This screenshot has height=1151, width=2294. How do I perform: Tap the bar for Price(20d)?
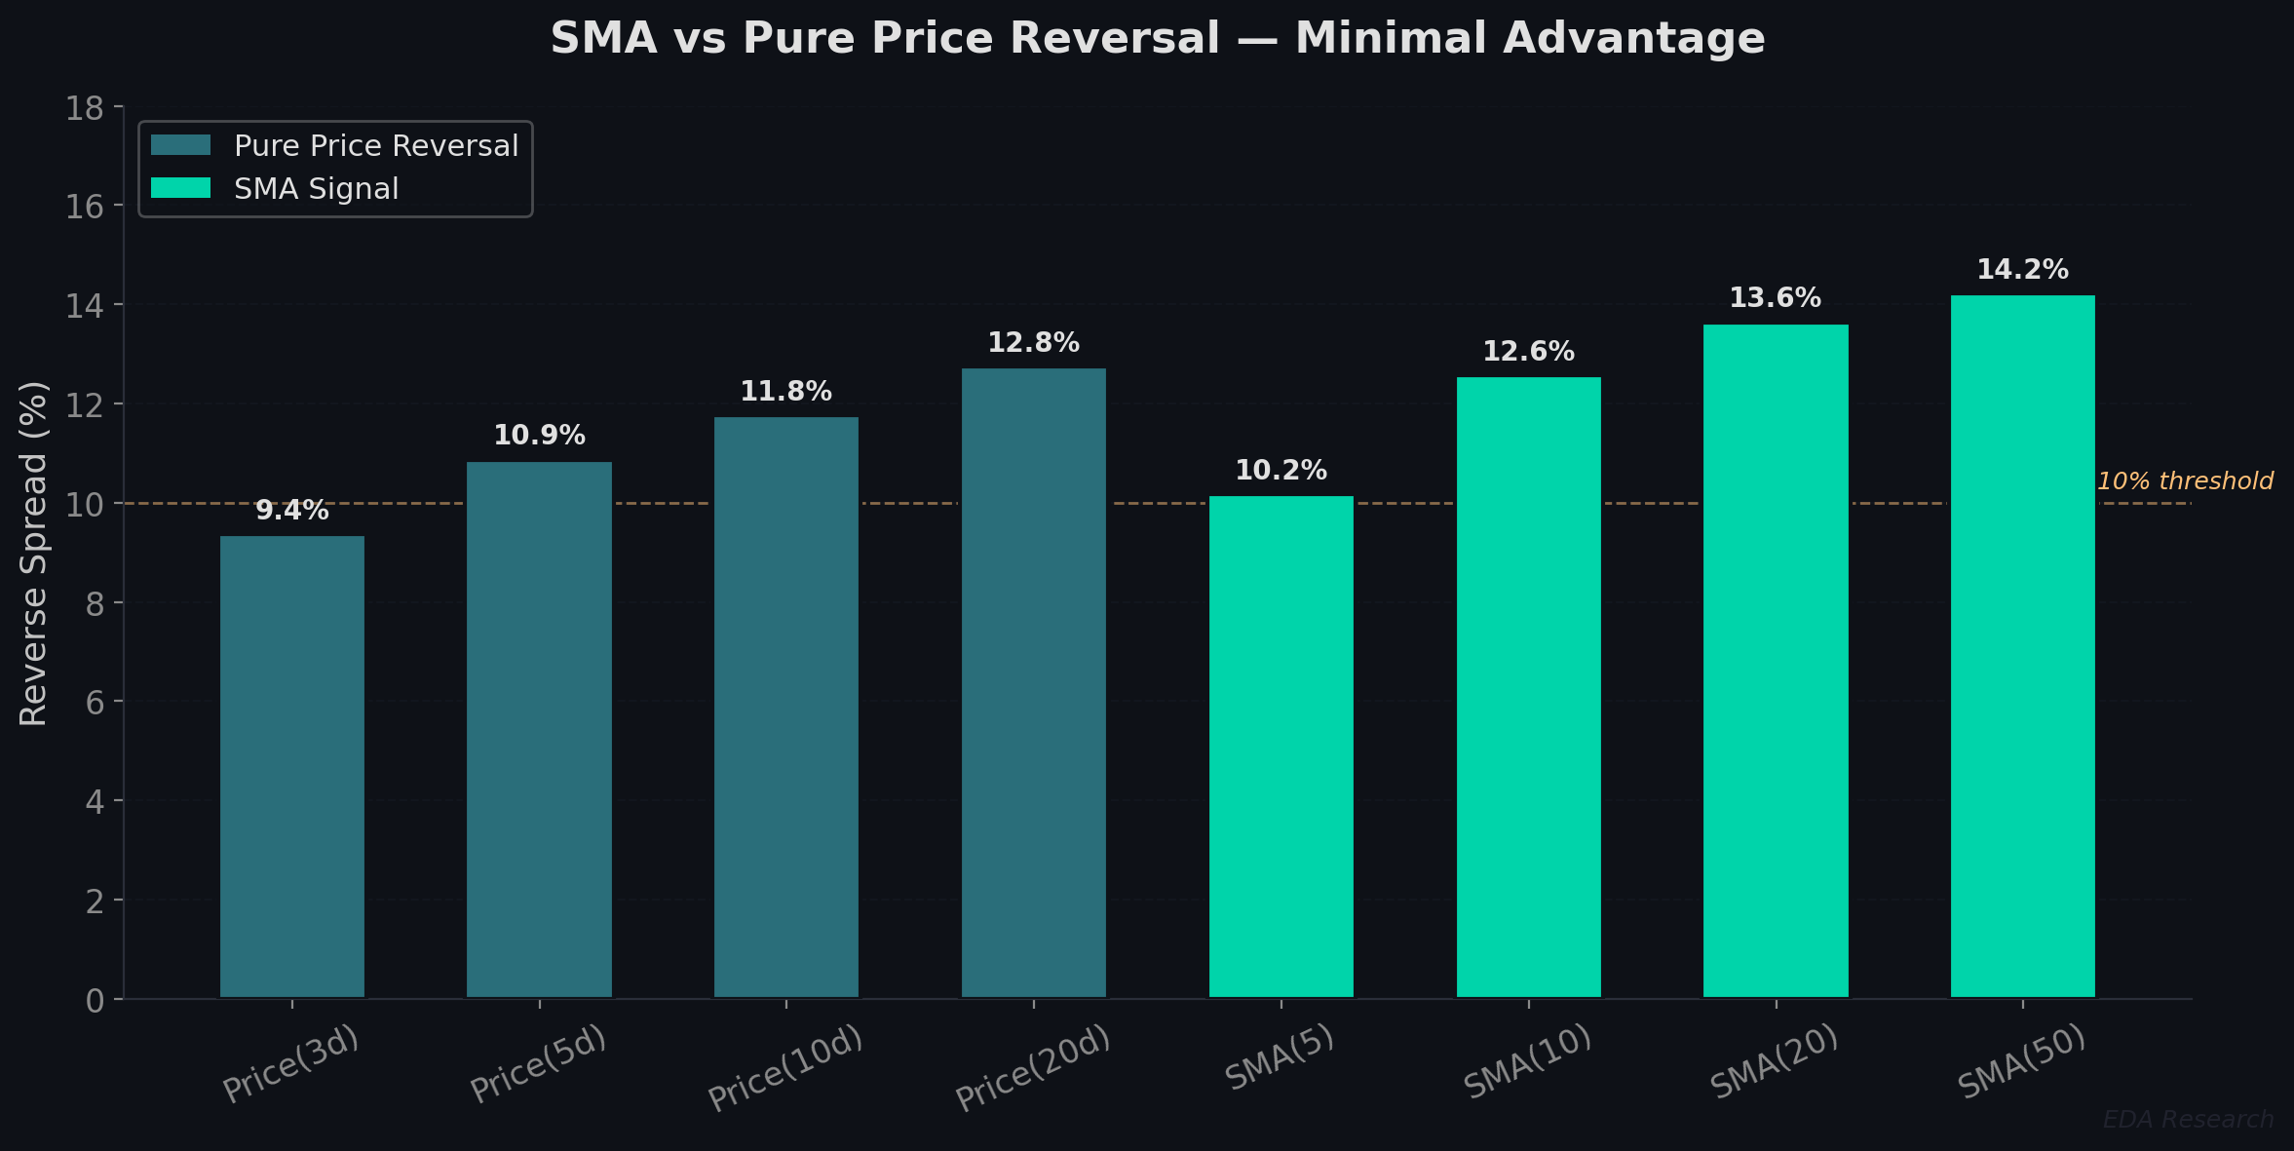coord(1034,682)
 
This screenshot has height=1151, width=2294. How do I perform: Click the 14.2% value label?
coord(2022,270)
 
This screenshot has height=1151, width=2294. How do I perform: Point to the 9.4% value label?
coord(292,511)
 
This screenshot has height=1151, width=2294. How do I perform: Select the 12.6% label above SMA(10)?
coord(1528,352)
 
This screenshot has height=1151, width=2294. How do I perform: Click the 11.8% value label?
coord(785,392)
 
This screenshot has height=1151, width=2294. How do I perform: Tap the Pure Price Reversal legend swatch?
coord(180,145)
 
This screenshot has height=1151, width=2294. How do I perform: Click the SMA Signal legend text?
coord(316,188)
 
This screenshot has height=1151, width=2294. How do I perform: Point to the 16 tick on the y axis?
coord(84,207)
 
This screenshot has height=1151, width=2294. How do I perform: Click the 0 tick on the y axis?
coord(95,1001)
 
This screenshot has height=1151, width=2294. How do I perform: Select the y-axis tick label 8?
coord(95,604)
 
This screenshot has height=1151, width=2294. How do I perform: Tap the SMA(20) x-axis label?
coord(1774,1062)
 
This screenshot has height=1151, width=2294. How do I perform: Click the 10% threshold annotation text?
coord(2184,481)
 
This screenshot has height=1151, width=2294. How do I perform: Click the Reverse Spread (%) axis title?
coord(34,553)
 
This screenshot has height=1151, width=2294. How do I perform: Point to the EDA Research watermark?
coord(2188,1120)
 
